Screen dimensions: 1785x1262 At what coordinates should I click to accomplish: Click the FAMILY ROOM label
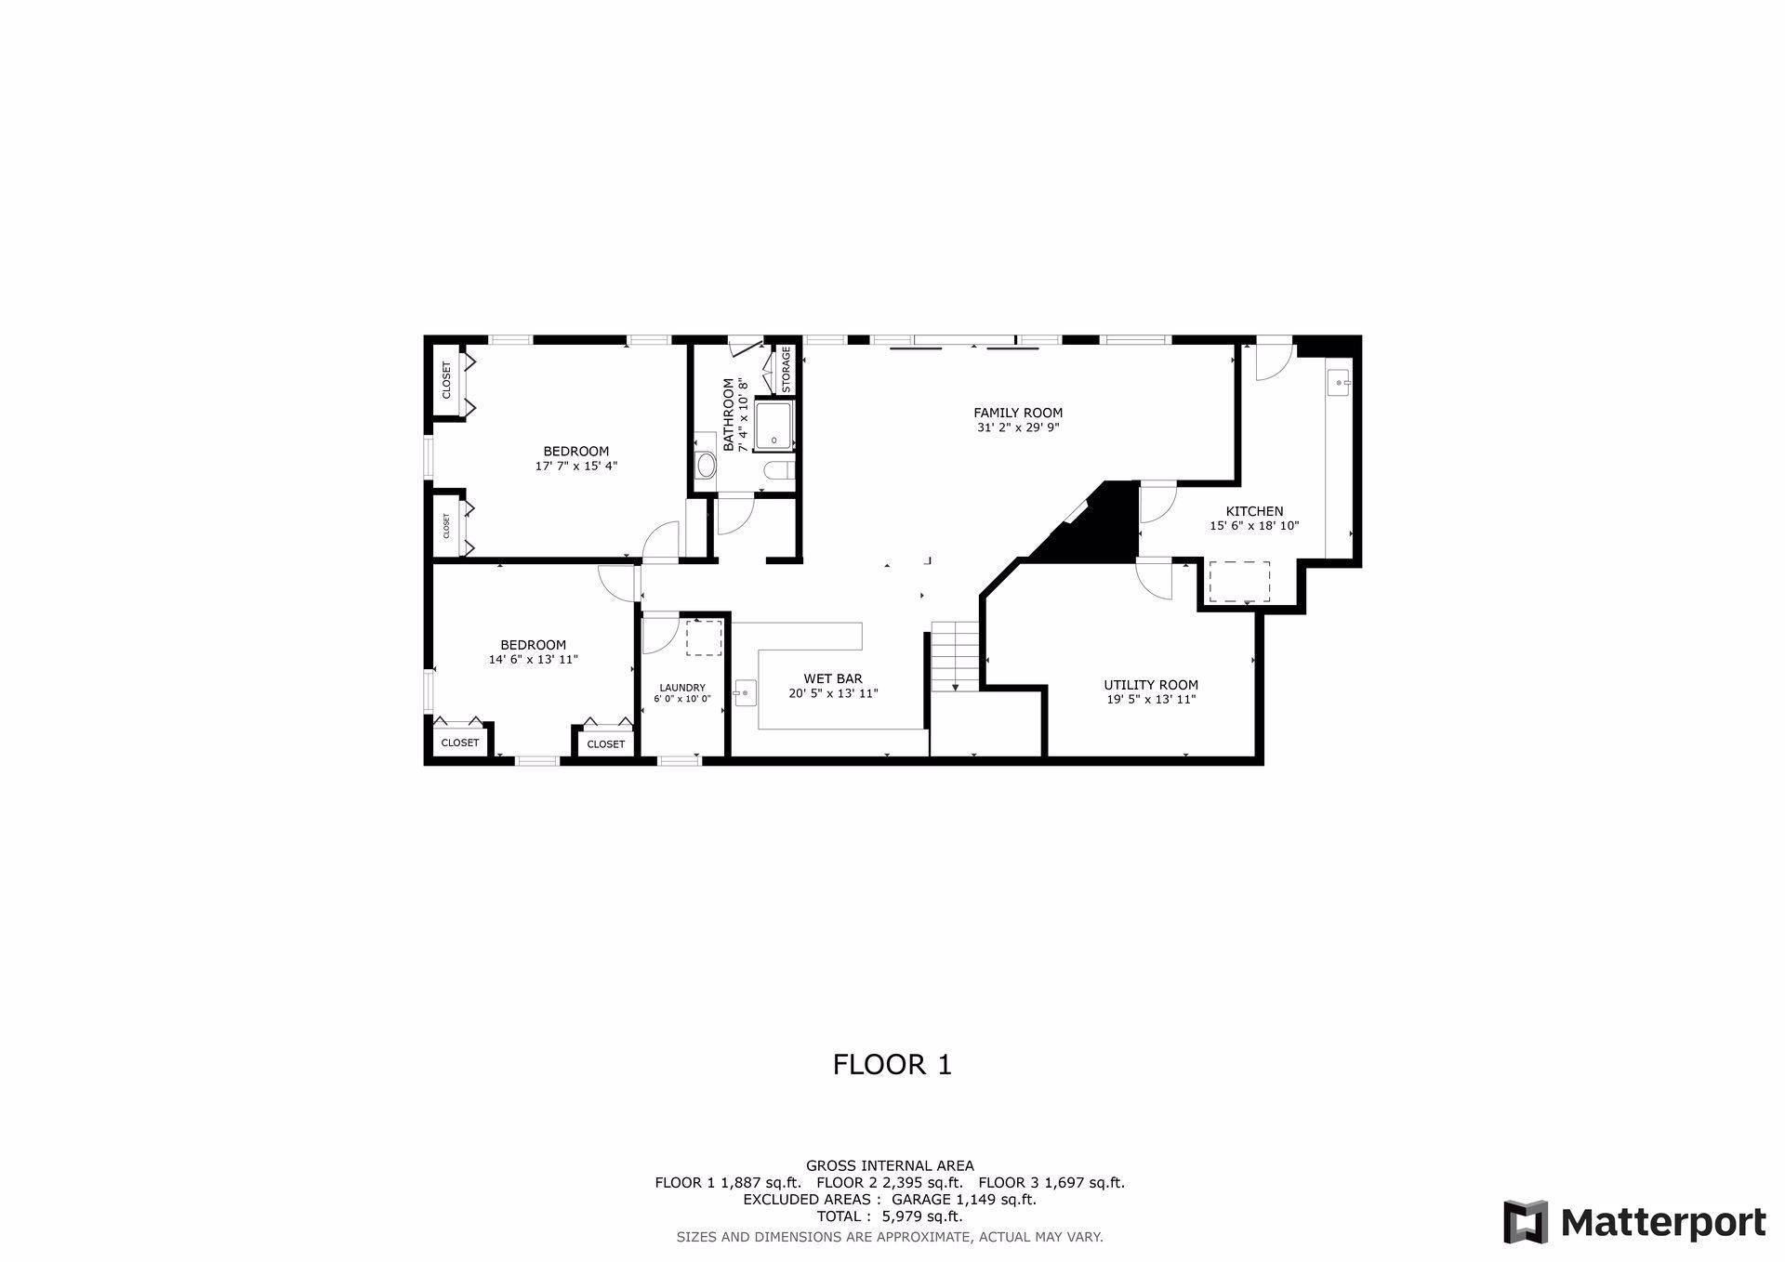(1018, 413)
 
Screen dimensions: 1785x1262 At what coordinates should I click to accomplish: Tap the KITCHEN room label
(1254, 511)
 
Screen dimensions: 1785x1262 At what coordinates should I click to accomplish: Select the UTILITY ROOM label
(1151, 685)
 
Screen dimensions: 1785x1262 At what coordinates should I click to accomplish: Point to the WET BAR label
(833, 678)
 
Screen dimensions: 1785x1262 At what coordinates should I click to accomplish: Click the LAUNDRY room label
(682, 688)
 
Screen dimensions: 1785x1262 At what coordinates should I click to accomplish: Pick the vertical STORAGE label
(787, 370)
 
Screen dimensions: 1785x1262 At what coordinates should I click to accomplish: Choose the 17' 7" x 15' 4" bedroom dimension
(576, 467)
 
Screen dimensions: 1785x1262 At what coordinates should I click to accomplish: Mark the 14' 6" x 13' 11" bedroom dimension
(534, 660)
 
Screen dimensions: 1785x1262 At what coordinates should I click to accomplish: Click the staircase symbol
(956, 657)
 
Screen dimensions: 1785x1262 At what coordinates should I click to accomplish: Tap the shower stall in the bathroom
(773, 427)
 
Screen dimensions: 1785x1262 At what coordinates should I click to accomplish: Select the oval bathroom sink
(707, 465)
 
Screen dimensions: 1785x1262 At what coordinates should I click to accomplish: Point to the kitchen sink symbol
(1339, 382)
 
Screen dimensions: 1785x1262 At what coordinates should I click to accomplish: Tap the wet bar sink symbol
(745, 693)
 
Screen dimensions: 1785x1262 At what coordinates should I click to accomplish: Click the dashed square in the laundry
(704, 638)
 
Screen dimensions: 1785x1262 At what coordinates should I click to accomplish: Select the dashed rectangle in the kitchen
(1239, 582)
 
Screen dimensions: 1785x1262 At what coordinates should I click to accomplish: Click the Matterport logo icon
(1526, 1222)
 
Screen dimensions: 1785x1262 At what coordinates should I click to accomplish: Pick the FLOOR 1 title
(892, 1064)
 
